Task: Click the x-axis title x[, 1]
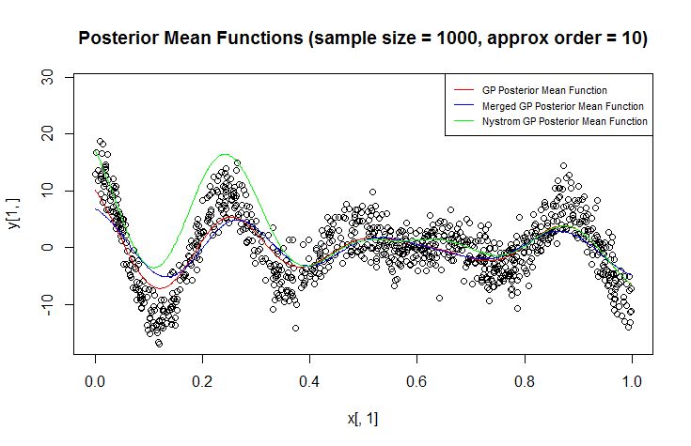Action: (363, 418)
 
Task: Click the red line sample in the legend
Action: (463, 90)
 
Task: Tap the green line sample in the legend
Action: (463, 122)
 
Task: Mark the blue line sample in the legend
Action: (463, 106)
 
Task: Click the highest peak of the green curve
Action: (225, 154)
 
